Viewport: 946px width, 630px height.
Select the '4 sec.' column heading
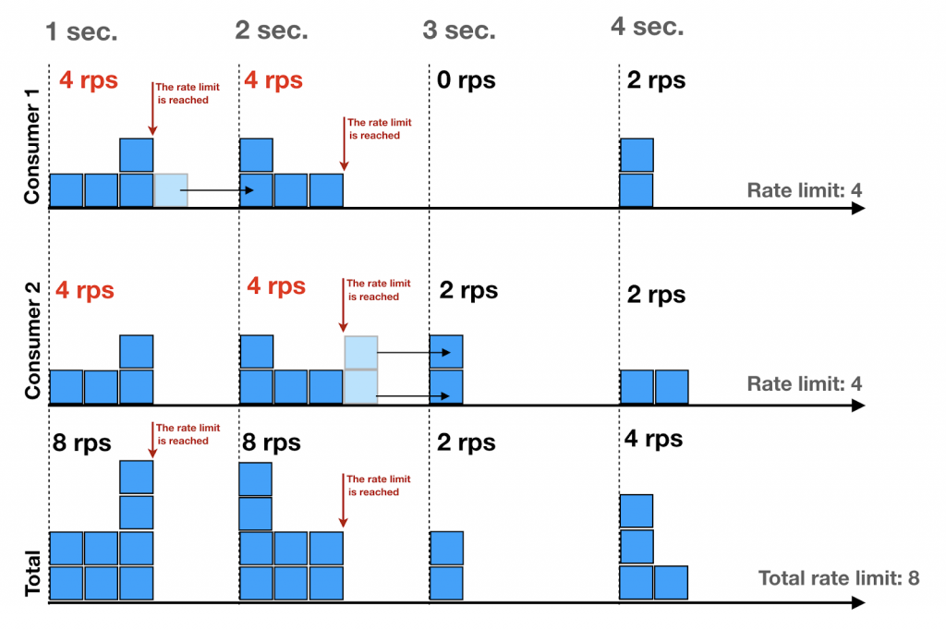[x=647, y=27]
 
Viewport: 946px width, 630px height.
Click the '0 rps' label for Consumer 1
[x=466, y=80]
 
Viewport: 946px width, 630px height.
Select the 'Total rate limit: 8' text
[x=839, y=579]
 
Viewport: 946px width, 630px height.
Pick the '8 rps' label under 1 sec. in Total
[x=82, y=443]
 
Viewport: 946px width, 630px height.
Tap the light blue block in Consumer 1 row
[x=171, y=190]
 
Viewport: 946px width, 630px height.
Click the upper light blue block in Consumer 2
[x=361, y=352]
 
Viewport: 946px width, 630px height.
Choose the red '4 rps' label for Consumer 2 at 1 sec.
[x=85, y=290]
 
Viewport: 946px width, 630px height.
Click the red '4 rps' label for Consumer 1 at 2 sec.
[x=273, y=80]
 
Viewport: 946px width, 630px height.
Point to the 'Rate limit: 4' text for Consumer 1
[x=805, y=191]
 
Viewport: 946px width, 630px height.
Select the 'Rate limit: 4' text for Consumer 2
[x=805, y=383]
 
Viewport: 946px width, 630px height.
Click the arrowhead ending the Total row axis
[x=858, y=603]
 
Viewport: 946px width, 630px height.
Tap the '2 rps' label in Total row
[x=466, y=443]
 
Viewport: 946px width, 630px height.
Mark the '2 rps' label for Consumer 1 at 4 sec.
[x=656, y=80]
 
